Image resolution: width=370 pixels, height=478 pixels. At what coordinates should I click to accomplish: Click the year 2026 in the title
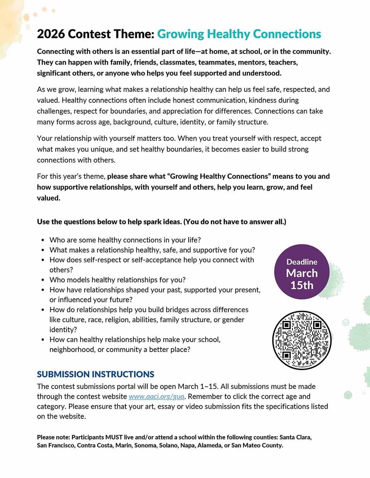tap(51, 34)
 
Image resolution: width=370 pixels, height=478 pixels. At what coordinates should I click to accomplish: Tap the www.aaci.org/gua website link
tap(156, 396)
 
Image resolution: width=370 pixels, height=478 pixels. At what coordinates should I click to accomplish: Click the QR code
tap(302, 340)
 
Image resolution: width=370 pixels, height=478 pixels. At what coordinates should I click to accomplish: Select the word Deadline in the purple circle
tap(302, 262)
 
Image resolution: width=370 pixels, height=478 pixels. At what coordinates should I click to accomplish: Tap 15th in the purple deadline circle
tap(302, 285)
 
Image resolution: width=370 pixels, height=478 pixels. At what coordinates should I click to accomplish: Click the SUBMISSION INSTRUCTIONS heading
tap(95, 374)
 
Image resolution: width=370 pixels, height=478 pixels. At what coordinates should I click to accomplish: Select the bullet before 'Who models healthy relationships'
tap(43, 280)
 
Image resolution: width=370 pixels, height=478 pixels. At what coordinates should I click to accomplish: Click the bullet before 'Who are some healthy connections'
tap(43, 240)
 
